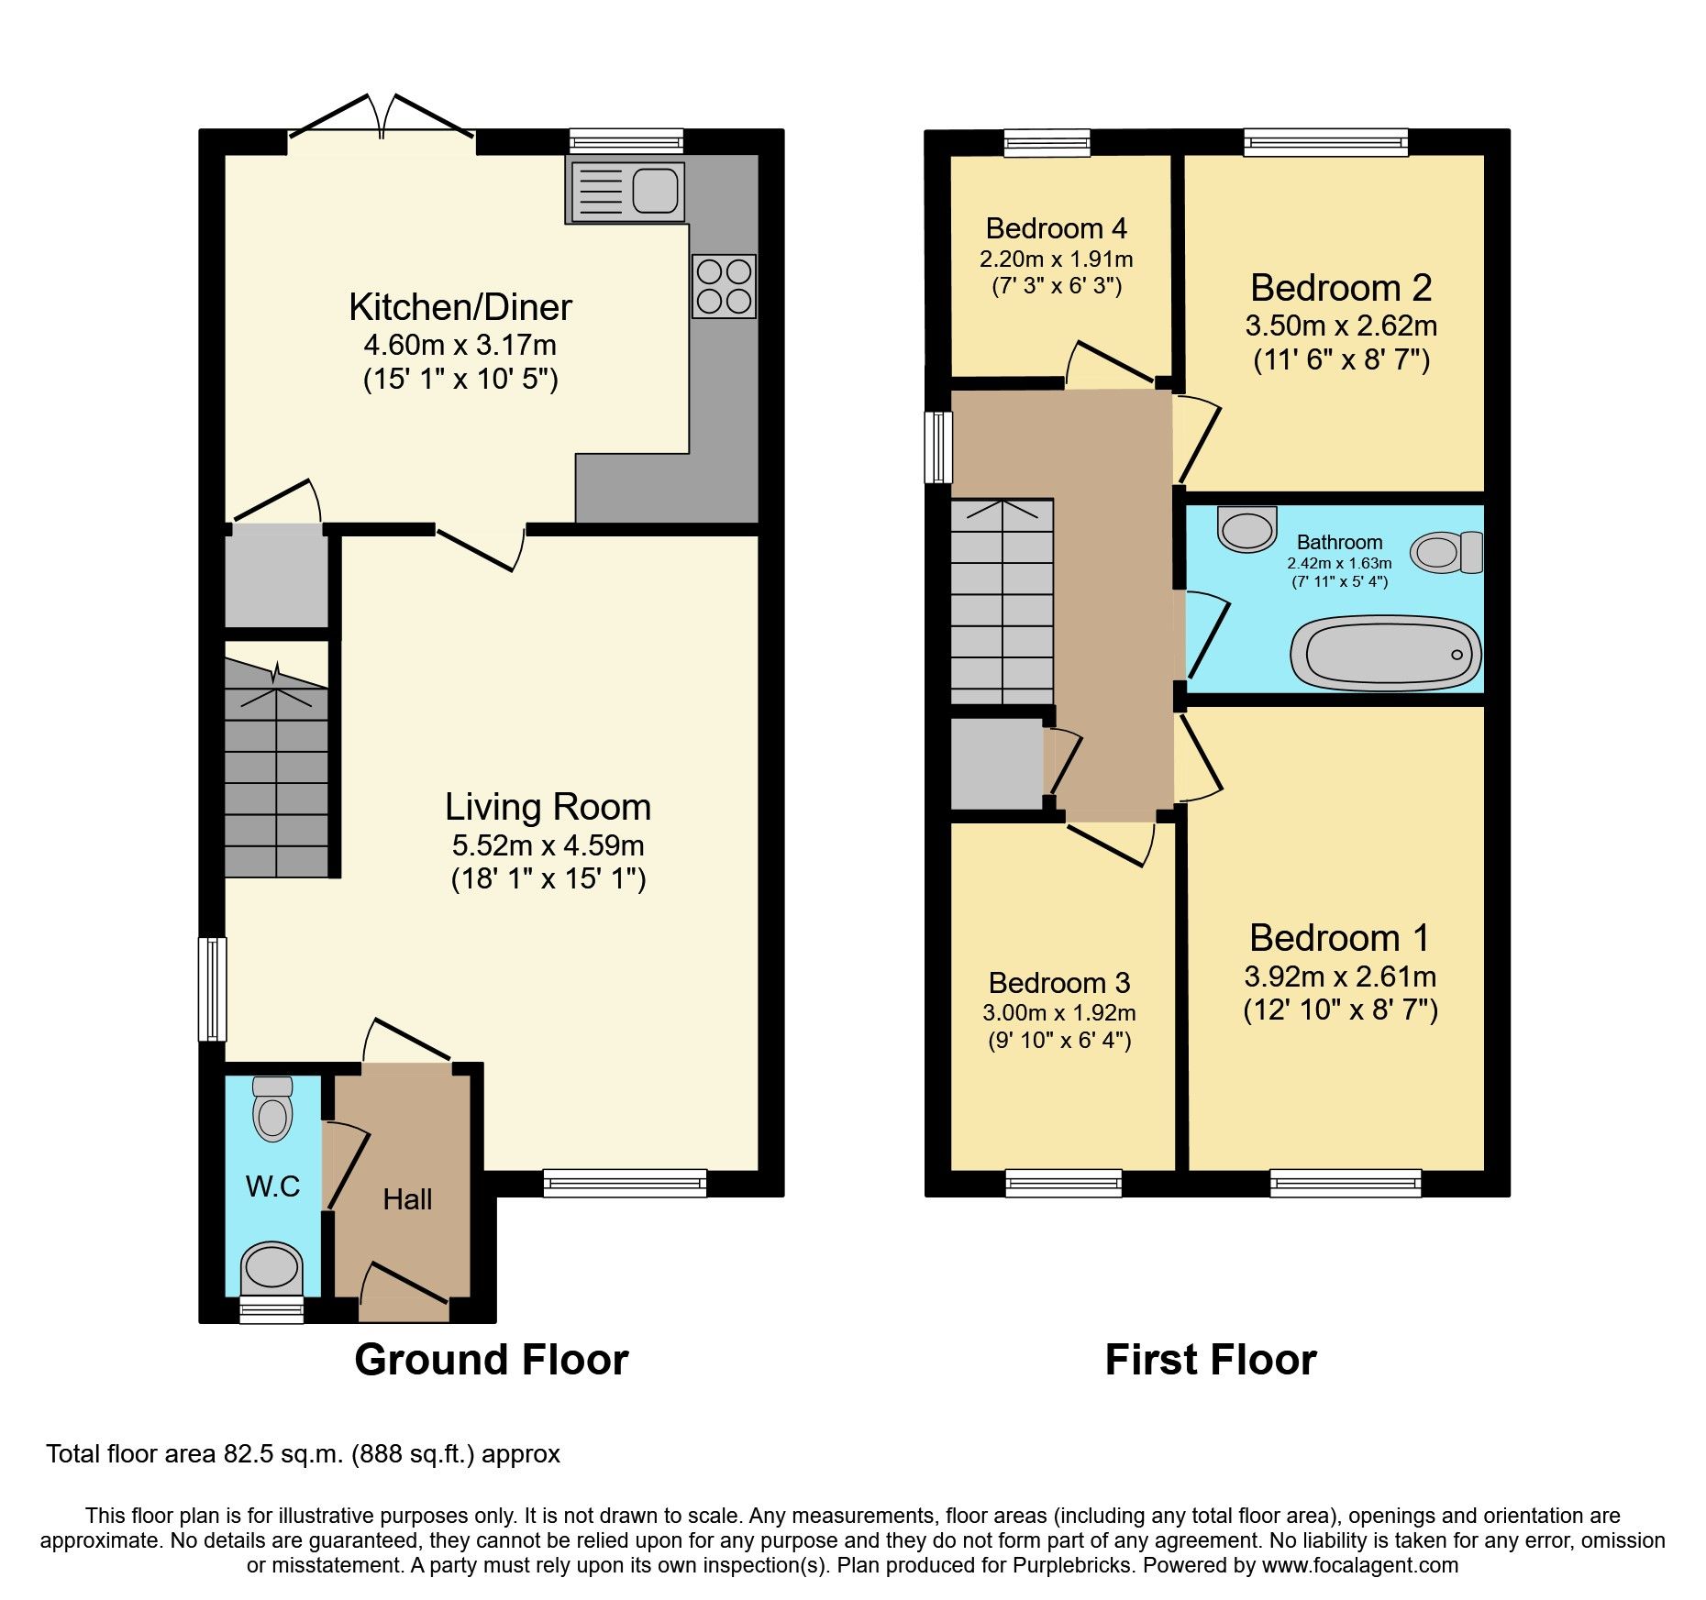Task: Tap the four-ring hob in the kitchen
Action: click(x=724, y=286)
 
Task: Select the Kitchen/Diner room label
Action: click(x=460, y=307)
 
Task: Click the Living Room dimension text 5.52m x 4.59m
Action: click(x=548, y=845)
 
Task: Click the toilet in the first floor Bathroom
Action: click(x=1446, y=552)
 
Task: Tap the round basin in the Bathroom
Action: click(x=1247, y=529)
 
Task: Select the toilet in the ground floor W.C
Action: click(x=272, y=1109)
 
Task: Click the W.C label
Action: click(x=272, y=1186)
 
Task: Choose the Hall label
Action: click(x=407, y=1199)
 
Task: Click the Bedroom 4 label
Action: click(x=1056, y=227)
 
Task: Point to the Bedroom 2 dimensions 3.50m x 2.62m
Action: click(x=1341, y=326)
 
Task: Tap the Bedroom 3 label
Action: click(x=1058, y=983)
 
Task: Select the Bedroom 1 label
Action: click(x=1339, y=938)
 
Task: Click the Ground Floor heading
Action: click(x=492, y=1359)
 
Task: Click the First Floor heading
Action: click(x=1211, y=1359)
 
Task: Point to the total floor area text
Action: click(x=303, y=1454)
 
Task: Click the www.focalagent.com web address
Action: click(x=1359, y=1565)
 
